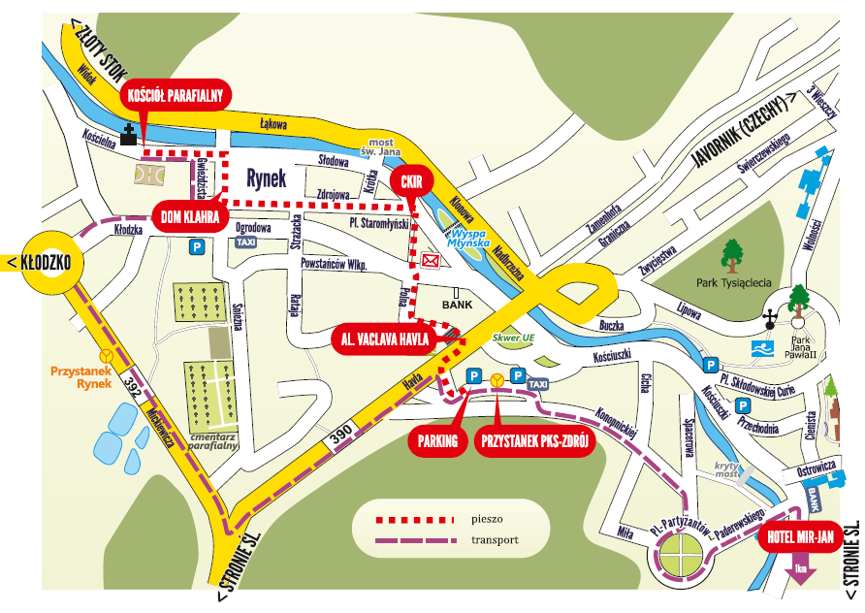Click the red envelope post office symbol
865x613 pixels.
431,260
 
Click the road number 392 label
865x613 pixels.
132,388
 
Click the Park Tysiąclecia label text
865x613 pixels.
734,284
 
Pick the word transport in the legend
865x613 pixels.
494,540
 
